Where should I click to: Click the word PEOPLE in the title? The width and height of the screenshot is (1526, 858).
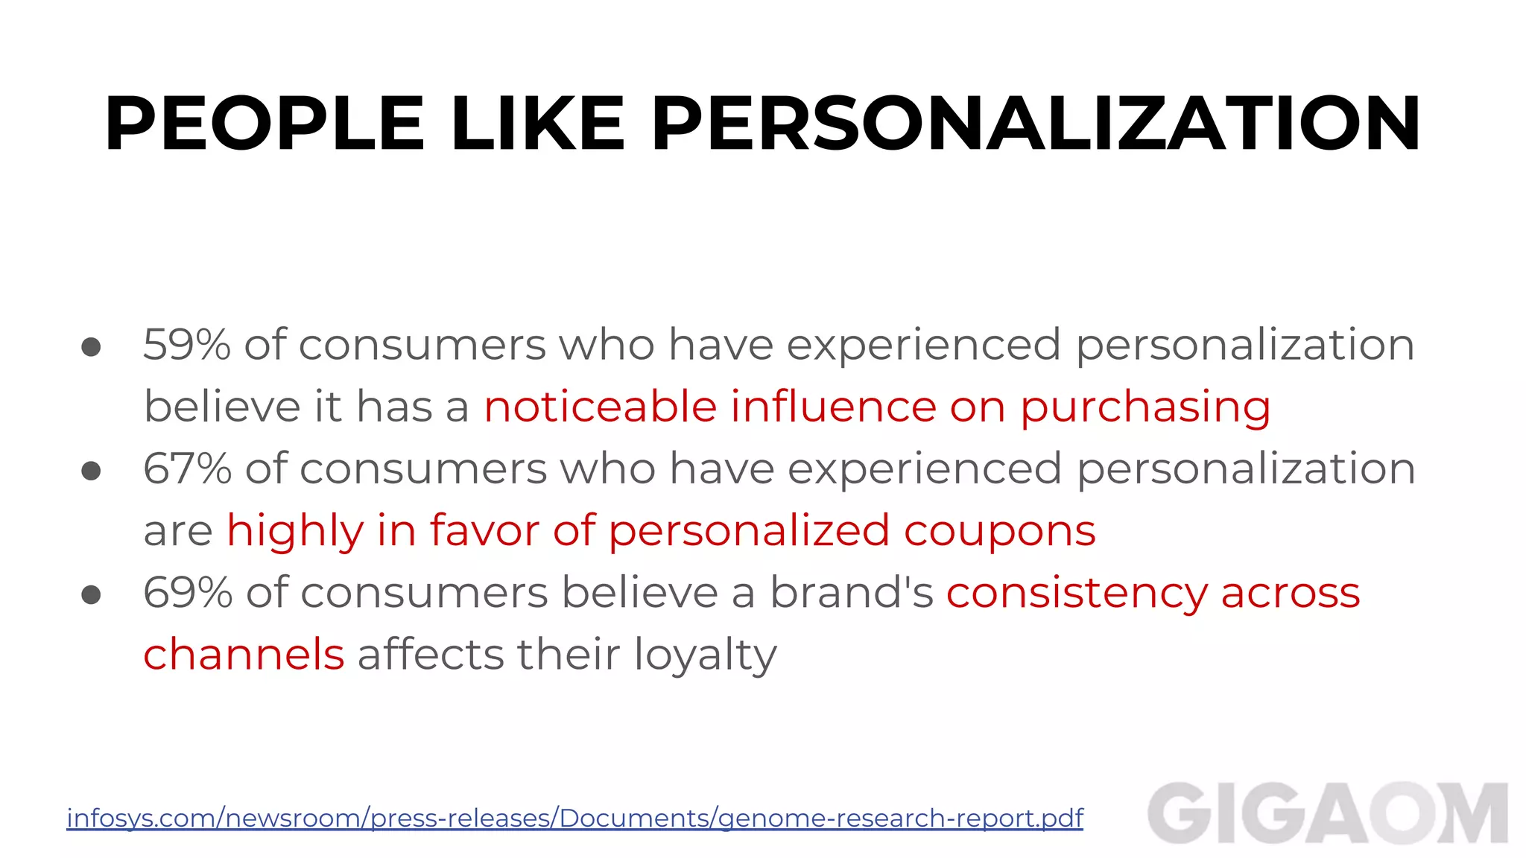click(265, 124)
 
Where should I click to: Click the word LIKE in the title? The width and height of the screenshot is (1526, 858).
click(537, 124)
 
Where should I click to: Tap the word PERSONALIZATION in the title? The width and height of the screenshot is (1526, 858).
click(1036, 124)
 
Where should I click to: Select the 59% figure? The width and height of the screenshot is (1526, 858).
click(187, 345)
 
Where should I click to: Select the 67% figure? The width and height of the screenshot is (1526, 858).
click(187, 468)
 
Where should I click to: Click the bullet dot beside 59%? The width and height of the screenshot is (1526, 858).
click(91, 347)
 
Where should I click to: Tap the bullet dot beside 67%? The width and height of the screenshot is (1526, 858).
click(91, 471)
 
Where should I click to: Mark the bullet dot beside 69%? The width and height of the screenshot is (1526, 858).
click(91, 594)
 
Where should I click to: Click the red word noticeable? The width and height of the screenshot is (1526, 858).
click(600, 407)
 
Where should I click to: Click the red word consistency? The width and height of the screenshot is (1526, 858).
click(1076, 594)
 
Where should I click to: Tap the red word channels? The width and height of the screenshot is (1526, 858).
click(244, 655)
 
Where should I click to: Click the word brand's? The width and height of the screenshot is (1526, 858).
click(851, 593)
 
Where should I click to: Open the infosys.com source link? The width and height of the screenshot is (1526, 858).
click(574, 818)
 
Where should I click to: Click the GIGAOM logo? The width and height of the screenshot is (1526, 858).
click(1327, 813)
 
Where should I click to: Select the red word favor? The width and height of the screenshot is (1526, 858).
click(484, 530)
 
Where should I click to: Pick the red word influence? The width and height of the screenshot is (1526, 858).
click(833, 407)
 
